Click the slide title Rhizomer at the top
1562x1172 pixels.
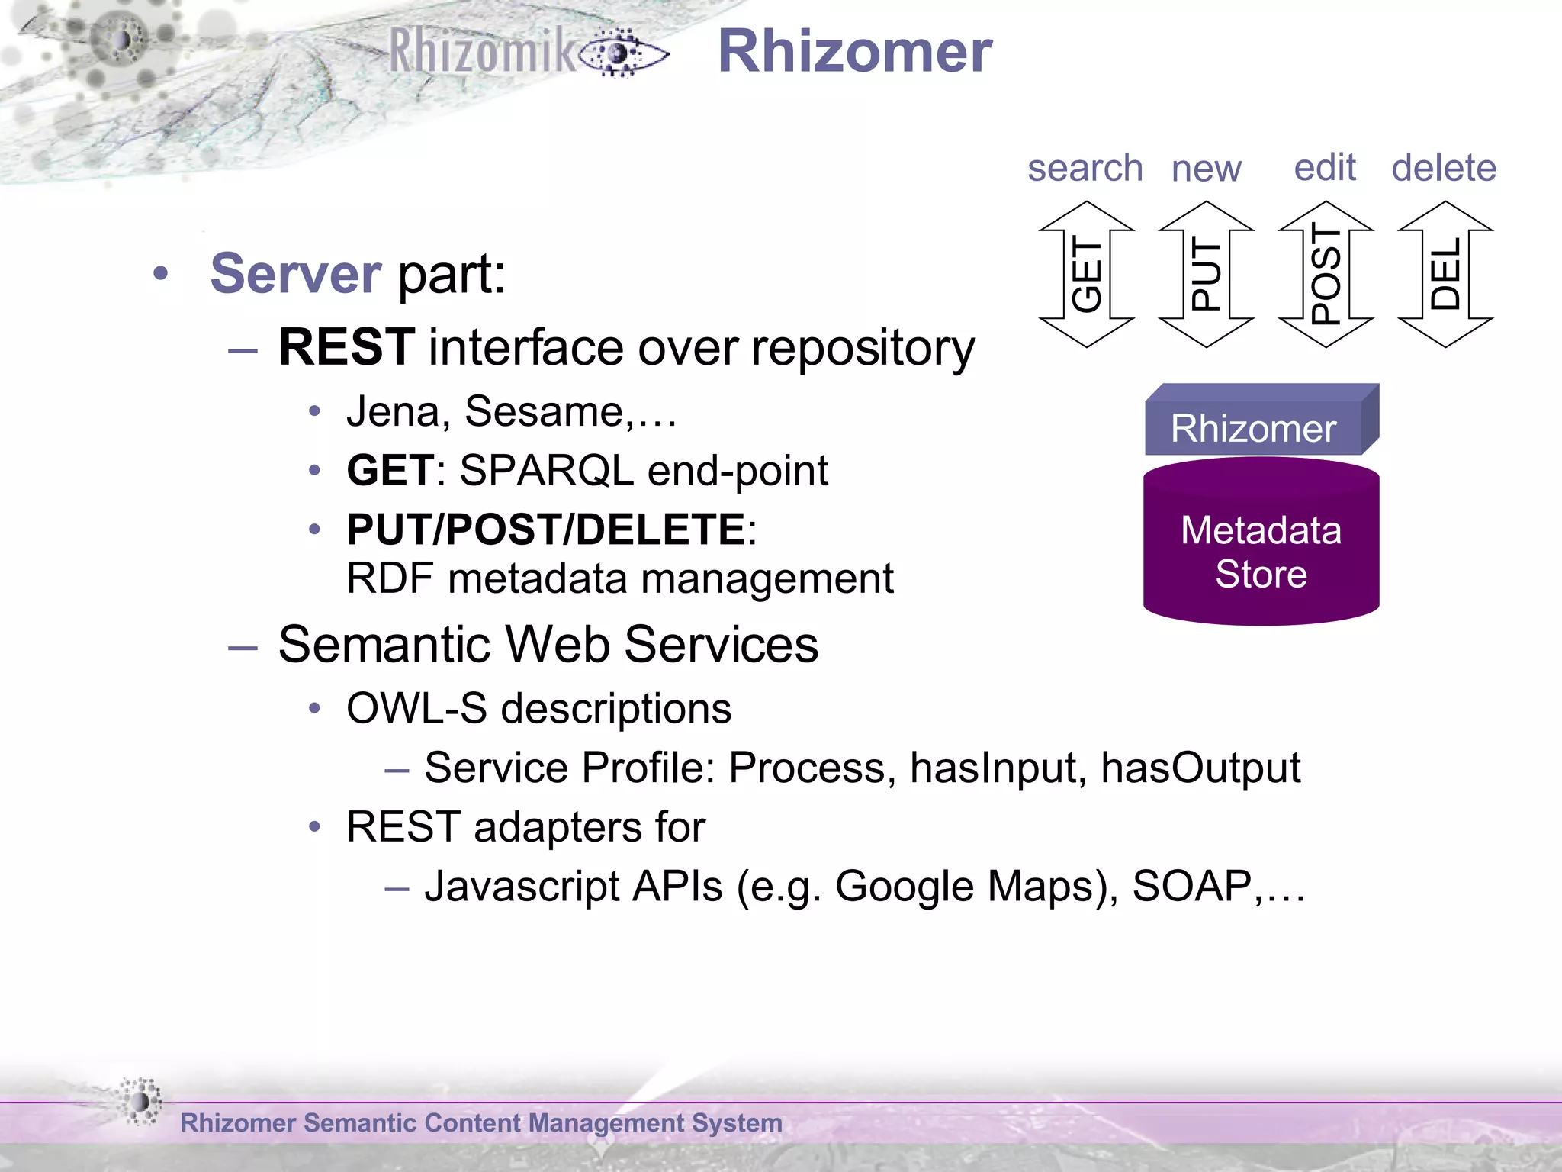[854, 52]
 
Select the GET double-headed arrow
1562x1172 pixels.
[1086, 275]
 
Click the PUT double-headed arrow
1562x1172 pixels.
[1206, 275]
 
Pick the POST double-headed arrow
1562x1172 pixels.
[1326, 275]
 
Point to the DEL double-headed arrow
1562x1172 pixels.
[1445, 275]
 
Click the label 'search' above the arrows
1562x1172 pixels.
[1085, 168]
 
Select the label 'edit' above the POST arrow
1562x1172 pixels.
[1325, 167]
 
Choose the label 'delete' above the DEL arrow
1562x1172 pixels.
[1444, 168]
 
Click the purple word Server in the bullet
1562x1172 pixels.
[295, 273]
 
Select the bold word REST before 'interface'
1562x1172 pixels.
[347, 347]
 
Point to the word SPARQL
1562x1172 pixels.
[546, 470]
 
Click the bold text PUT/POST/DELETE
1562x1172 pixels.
[546, 530]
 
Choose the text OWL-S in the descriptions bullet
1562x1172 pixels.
[416, 708]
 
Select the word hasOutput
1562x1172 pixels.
[1200, 768]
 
